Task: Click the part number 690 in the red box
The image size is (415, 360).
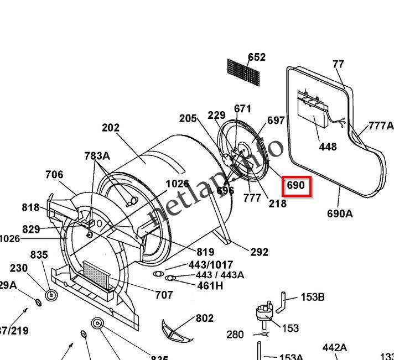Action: [296, 186]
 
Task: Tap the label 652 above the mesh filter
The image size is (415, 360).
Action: [257, 57]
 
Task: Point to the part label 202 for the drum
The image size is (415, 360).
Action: [111, 128]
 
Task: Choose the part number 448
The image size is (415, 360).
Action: [328, 147]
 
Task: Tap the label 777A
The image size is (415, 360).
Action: [381, 126]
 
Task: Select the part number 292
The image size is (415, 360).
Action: [259, 252]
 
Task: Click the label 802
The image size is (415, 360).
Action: [204, 319]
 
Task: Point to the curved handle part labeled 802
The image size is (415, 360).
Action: [175, 332]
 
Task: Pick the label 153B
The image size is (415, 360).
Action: [313, 297]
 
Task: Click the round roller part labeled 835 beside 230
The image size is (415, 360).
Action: [51, 296]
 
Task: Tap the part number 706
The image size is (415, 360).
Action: [54, 175]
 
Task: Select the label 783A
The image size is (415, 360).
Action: [97, 156]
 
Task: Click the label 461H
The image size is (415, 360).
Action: [210, 286]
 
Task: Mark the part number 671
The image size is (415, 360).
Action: [242, 109]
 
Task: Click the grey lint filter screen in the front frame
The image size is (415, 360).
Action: [97, 276]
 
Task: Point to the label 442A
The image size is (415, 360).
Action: [334, 348]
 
